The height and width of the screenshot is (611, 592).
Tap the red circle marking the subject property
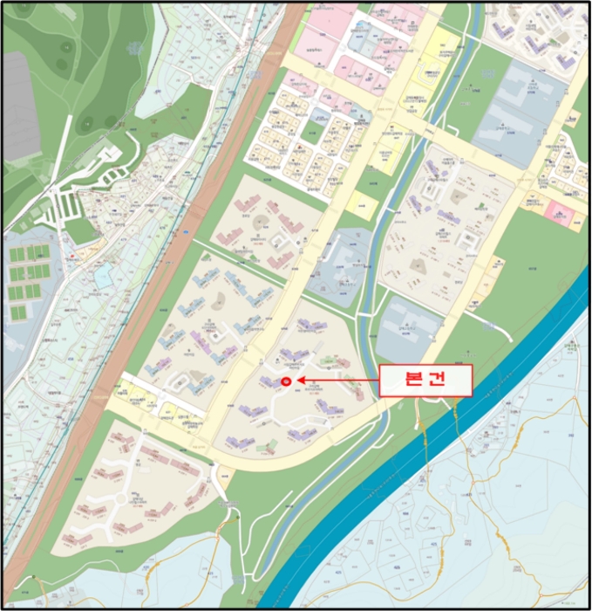(289, 381)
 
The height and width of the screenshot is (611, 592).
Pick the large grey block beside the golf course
(19, 105)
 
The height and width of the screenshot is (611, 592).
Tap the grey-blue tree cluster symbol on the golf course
(61, 63)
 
